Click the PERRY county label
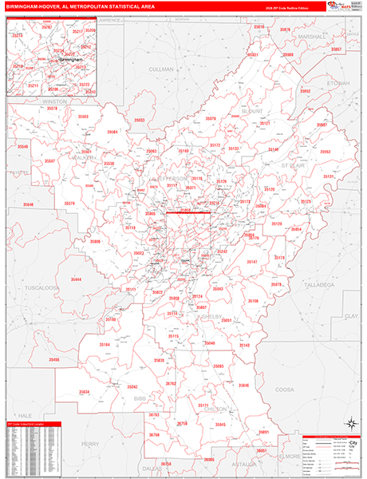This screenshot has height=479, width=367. pos(90,443)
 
